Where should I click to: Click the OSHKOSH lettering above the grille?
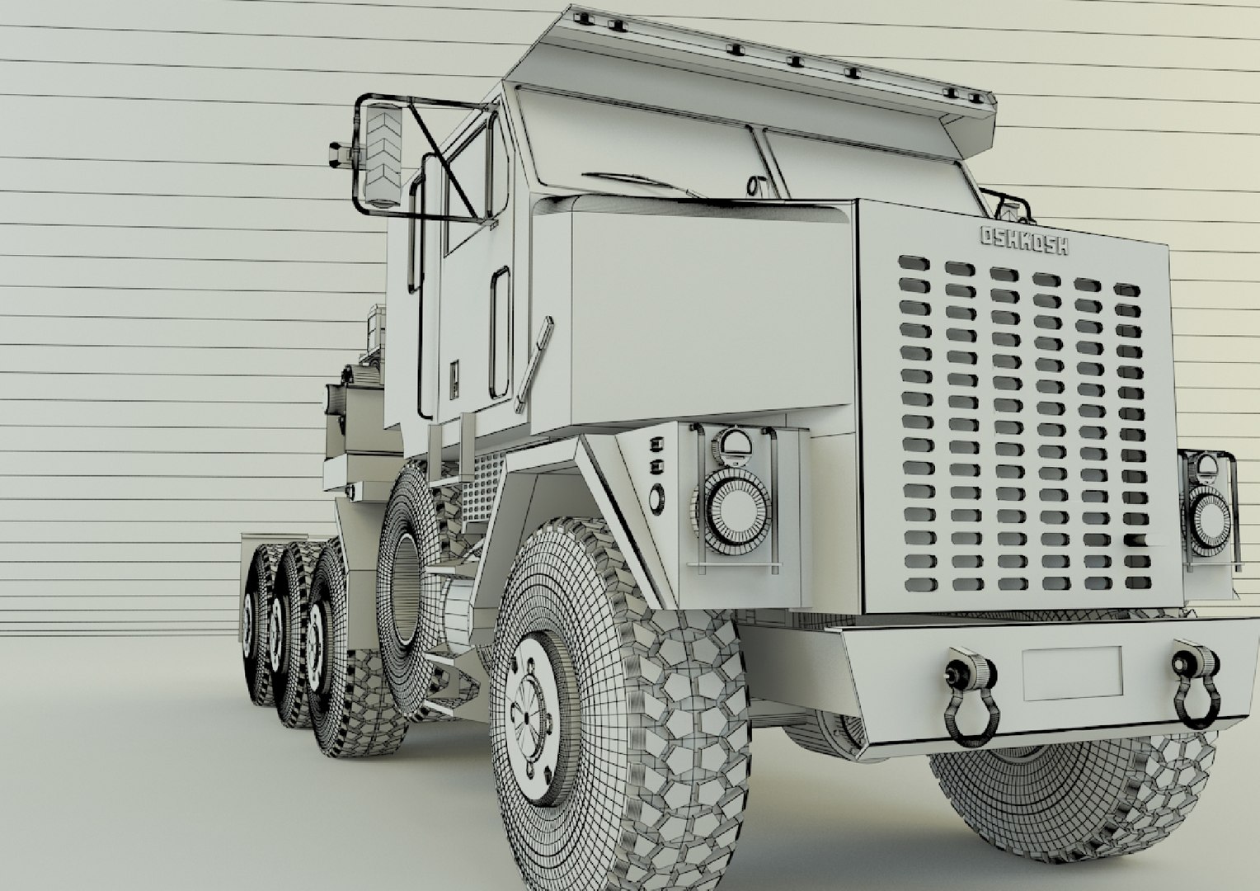[x=1024, y=239]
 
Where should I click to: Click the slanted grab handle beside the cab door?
[x=534, y=364]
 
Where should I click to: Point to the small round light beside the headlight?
[x=656, y=497]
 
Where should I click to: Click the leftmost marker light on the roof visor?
[x=583, y=16]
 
